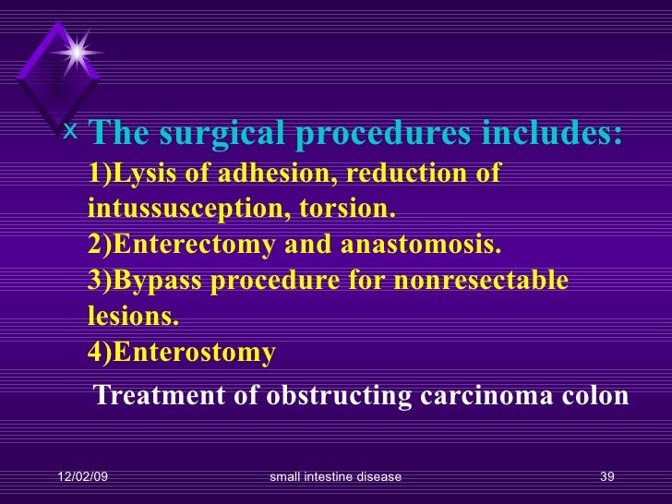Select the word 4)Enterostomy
pyautogui.click(x=183, y=353)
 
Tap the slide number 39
pyautogui.click(x=606, y=476)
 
